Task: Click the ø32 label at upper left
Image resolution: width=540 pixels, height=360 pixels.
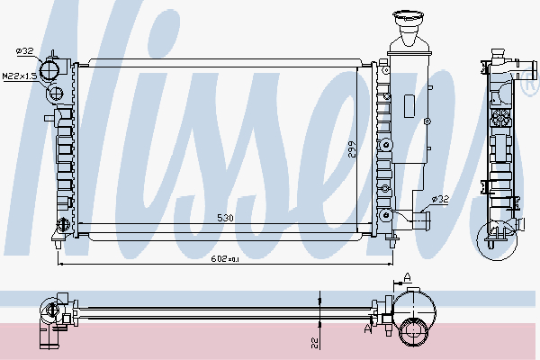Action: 23,50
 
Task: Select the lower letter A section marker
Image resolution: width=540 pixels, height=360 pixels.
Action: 366,329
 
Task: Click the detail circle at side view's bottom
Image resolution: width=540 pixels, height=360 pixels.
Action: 498,236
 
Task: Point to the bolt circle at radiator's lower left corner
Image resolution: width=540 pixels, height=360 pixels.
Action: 62,224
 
